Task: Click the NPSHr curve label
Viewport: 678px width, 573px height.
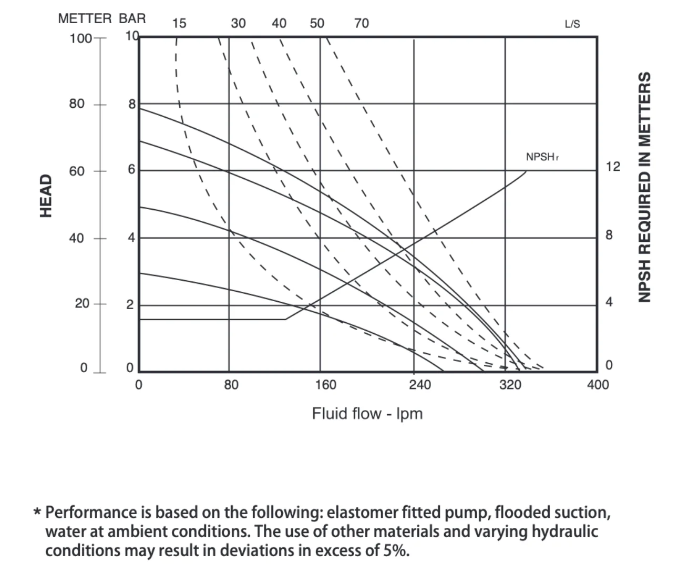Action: pos(541,157)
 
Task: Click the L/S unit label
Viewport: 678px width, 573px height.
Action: pos(572,24)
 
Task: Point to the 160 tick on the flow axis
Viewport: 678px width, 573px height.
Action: pos(325,385)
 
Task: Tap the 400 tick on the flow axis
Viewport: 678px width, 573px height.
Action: pos(598,385)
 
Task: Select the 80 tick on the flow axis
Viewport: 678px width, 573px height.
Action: pos(231,385)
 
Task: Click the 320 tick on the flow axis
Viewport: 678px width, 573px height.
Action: pos(510,385)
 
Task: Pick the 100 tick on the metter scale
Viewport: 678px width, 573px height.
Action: pos(80,38)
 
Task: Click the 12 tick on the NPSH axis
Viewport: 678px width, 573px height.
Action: pos(613,167)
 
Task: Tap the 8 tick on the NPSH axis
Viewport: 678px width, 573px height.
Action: pos(609,234)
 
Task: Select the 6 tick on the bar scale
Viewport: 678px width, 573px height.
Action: pos(132,170)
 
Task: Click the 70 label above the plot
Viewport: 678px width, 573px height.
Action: pos(362,23)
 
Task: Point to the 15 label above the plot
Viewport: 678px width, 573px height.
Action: pos(179,23)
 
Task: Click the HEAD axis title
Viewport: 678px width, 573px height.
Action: pos(47,196)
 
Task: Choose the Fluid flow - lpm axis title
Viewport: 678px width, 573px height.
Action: pos(367,414)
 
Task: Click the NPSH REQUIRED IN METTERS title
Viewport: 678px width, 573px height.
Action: pos(644,187)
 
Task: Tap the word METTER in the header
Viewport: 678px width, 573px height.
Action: pos(85,18)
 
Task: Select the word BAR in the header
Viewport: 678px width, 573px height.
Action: pos(132,18)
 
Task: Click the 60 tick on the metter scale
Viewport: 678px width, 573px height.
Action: pos(77,171)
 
